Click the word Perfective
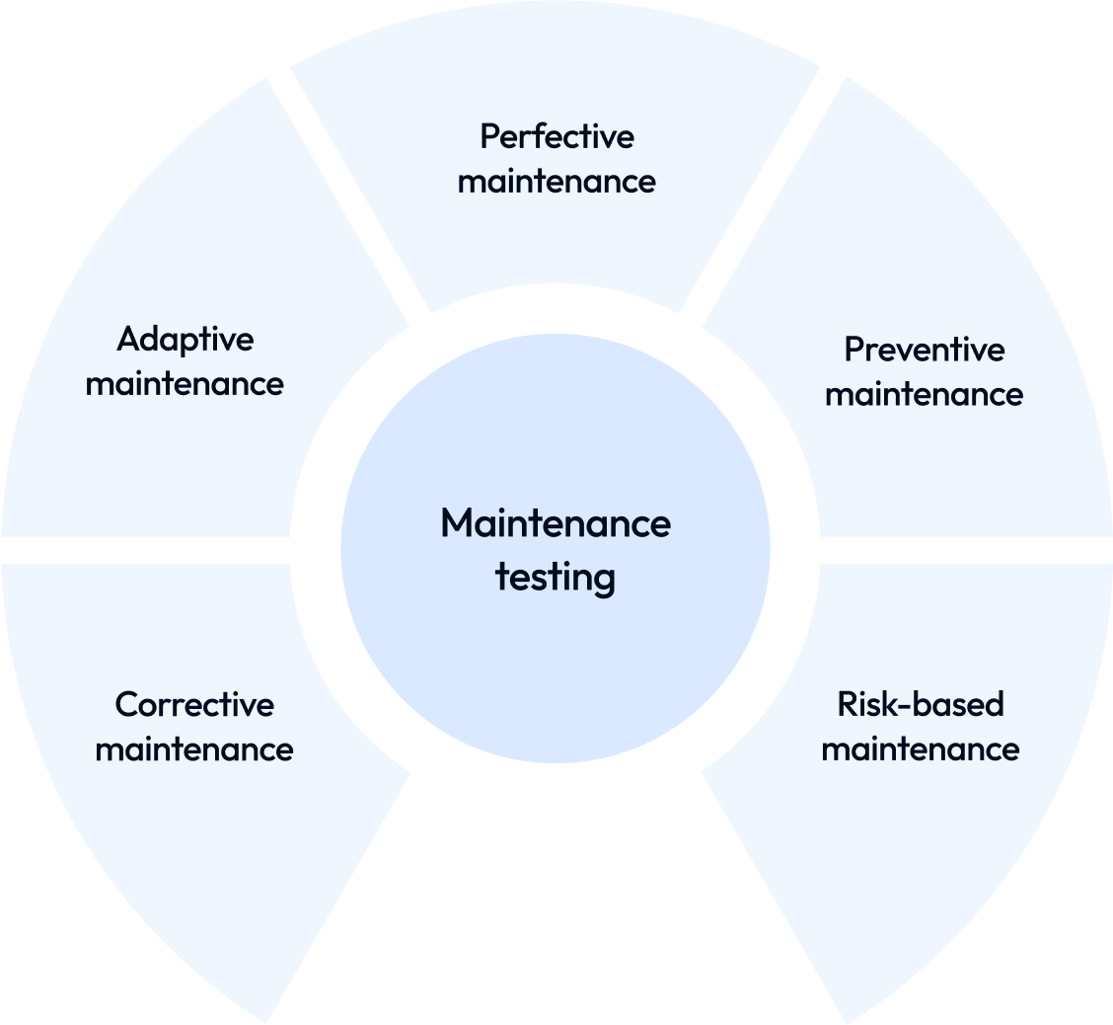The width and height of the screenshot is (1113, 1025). coord(556,137)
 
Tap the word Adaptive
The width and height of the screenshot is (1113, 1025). coord(185,341)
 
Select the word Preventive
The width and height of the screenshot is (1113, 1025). coord(924,351)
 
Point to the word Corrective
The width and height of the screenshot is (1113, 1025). coord(194,705)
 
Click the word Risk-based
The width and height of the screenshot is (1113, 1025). coord(920,705)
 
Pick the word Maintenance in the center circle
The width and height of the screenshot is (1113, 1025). coord(556,523)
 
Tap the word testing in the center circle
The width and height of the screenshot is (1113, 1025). coord(556,577)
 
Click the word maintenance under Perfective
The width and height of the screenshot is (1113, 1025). coord(556,182)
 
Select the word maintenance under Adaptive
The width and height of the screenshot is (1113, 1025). coord(185,384)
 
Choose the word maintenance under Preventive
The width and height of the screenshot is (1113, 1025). coord(924,395)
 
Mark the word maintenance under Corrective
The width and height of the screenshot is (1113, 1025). coord(194,749)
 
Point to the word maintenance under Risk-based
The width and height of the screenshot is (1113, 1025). coord(920,749)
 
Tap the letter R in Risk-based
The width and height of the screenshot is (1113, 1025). coord(846,705)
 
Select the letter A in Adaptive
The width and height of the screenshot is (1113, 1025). coord(128,341)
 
